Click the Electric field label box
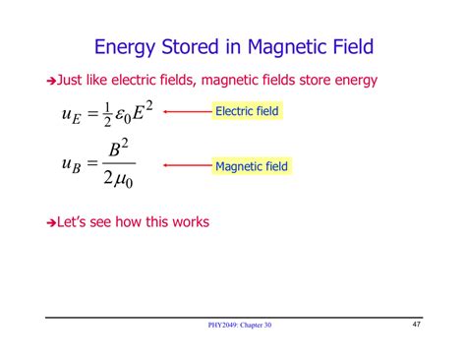247,111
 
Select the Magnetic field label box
251,166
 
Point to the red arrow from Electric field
187,111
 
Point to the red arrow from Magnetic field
187,166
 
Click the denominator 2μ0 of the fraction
118,180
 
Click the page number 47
416,324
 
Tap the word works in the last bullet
188,221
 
